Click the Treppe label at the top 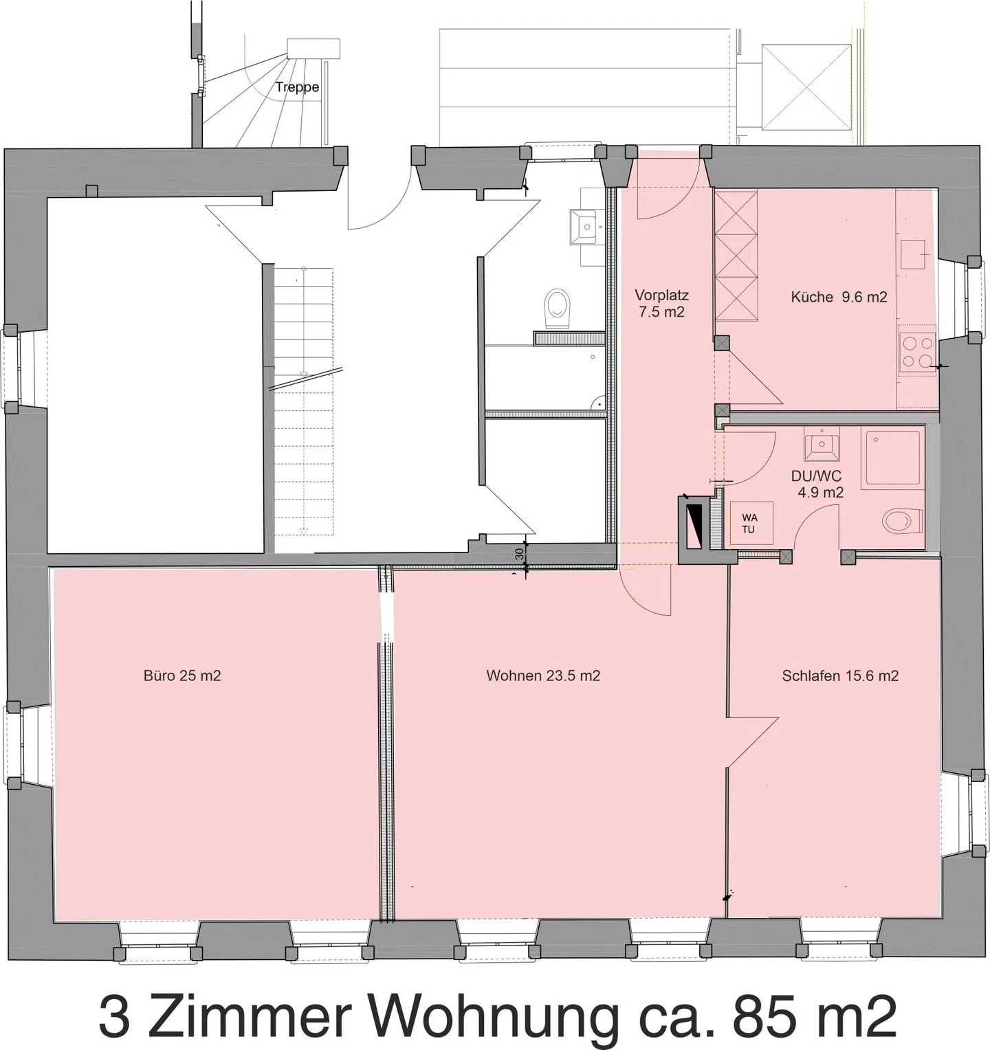(x=297, y=87)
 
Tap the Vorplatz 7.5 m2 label (x=661, y=304)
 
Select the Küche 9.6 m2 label (x=839, y=297)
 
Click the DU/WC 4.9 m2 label (x=819, y=484)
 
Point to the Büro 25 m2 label (x=182, y=675)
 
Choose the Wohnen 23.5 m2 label (x=543, y=675)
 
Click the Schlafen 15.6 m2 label (x=840, y=675)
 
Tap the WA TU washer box (x=749, y=523)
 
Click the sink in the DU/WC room (x=822, y=445)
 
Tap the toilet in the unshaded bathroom (x=557, y=308)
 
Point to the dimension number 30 (x=520, y=552)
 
